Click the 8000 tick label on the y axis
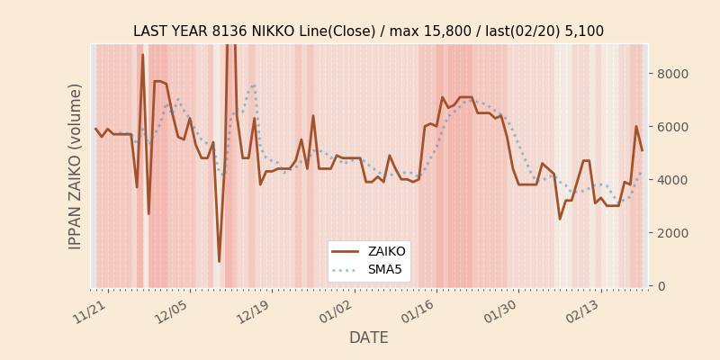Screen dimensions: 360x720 (673, 74)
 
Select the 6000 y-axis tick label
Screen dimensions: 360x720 (673, 127)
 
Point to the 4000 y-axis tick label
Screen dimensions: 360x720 (673, 180)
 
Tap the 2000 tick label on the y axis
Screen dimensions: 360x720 (673, 233)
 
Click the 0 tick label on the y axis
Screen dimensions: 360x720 (661, 286)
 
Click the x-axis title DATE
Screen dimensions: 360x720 (369, 338)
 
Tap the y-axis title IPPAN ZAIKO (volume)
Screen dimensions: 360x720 (76, 166)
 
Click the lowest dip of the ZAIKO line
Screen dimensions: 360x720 (219, 262)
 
